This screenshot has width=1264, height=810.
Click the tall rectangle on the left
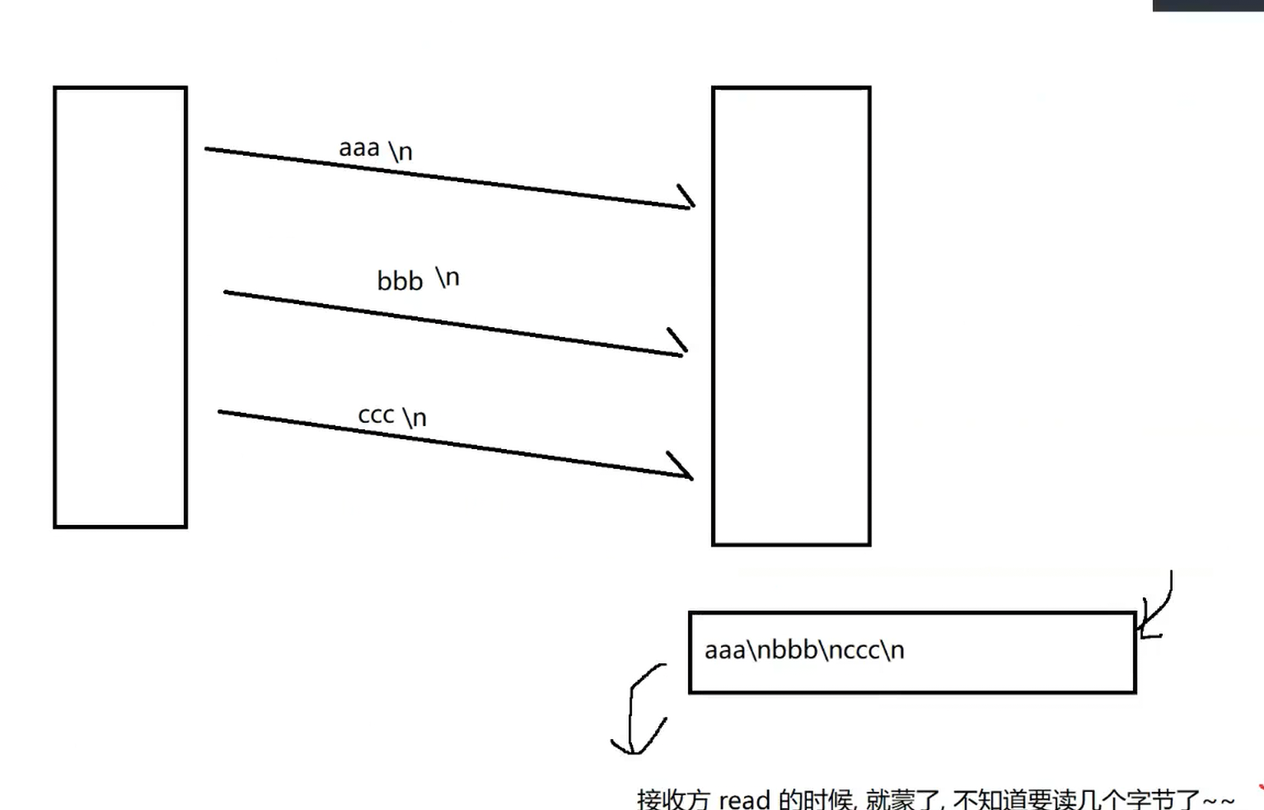point(120,307)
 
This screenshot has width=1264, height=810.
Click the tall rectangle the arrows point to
point(791,316)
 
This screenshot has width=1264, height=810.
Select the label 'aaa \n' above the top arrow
point(376,149)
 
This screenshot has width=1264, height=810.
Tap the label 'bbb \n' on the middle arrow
point(418,279)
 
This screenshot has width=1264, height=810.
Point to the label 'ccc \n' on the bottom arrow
point(392,416)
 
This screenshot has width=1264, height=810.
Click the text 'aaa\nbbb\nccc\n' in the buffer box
point(804,650)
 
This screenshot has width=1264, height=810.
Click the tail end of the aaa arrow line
point(207,149)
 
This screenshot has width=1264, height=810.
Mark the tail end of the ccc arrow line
point(220,411)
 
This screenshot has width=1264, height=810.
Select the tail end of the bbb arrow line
point(226,292)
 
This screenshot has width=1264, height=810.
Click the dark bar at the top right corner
point(1208,5)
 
